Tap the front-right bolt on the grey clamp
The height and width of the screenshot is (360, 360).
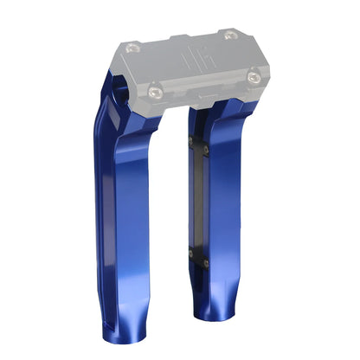click(252, 78)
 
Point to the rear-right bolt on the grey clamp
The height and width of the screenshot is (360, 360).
click(228, 35)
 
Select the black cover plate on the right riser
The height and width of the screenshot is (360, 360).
click(197, 199)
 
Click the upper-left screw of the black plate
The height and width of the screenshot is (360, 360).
click(190, 141)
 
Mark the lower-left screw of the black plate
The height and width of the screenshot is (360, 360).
click(190, 253)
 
